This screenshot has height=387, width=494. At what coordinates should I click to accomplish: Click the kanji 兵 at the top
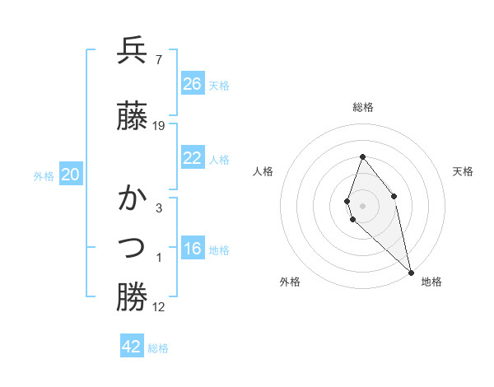coord(132,51)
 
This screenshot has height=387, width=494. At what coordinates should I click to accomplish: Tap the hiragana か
coord(132,198)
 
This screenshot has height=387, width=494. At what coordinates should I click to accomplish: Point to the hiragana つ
coord(132,246)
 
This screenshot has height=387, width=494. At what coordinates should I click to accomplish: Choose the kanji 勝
coord(132,297)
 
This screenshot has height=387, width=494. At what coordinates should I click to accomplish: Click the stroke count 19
coord(159,126)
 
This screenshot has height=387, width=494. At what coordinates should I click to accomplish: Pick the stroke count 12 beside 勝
coord(159,307)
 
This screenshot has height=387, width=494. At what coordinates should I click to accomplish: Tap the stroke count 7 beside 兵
coord(158,60)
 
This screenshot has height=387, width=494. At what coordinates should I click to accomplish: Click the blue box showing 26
coord(193,83)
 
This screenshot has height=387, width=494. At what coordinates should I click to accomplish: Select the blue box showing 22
coord(193,158)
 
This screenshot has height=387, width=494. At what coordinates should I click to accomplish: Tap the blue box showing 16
coord(193,249)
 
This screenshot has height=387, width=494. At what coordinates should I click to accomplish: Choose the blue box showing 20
coord(71,174)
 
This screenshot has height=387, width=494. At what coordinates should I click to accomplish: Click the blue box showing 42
coord(132,347)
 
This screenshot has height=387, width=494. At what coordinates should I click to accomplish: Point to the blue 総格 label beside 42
coord(159,348)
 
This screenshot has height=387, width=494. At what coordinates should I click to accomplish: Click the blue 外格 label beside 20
coord(44,175)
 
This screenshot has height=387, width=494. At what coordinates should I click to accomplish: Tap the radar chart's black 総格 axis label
coord(362,107)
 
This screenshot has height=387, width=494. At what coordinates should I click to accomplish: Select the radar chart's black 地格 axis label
coord(431,282)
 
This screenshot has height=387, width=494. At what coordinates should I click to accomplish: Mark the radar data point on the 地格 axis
coord(410,272)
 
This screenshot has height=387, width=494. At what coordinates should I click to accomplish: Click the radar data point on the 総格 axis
coord(362,156)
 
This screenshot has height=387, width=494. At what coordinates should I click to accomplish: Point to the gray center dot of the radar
coord(362,205)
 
